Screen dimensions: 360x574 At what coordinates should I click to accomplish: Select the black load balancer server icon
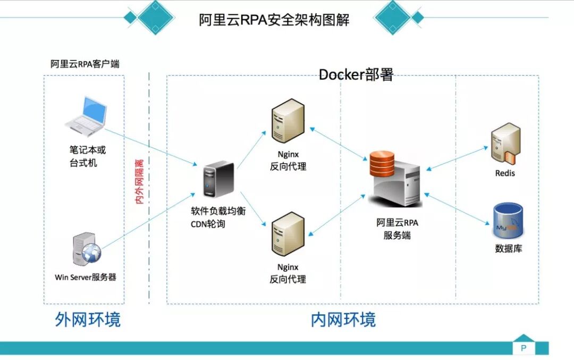pos(218,181)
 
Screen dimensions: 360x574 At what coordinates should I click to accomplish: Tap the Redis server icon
pos(505,143)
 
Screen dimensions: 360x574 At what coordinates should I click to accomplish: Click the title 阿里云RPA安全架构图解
pos(274,20)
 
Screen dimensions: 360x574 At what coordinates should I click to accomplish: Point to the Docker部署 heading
pos(356,74)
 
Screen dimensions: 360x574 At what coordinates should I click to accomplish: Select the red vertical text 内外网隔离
pos(140,181)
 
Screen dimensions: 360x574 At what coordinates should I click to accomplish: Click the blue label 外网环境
pos(88,319)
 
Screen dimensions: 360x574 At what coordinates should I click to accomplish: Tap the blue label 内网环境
pos(343,319)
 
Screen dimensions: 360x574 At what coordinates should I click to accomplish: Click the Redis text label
pos(505,173)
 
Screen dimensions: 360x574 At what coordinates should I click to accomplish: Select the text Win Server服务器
pos(85,277)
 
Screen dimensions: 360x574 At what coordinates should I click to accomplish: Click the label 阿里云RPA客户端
pos(85,64)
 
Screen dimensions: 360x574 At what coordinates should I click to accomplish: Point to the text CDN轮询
pos(208,224)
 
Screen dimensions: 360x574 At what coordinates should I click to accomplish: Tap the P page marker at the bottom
pos(524,348)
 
